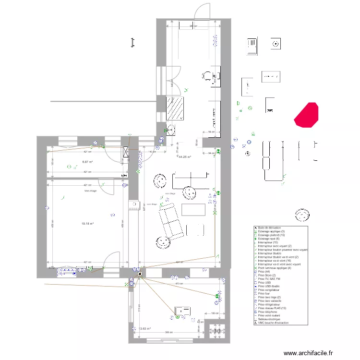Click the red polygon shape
tap(306, 115)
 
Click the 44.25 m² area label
tap(185, 156)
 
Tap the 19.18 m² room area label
tap(87, 223)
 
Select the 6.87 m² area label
tap(87, 162)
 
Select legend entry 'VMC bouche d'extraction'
tap(273, 323)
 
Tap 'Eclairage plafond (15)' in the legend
tap(271, 235)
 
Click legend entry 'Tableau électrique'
tap(270, 319)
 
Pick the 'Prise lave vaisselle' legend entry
tap(271, 300)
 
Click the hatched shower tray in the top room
tap(176, 108)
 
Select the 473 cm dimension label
tap(180, 284)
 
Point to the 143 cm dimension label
tap(152, 152)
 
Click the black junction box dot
tap(140, 275)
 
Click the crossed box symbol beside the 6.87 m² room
tap(126, 152)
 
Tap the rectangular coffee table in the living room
tap(194, 210)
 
